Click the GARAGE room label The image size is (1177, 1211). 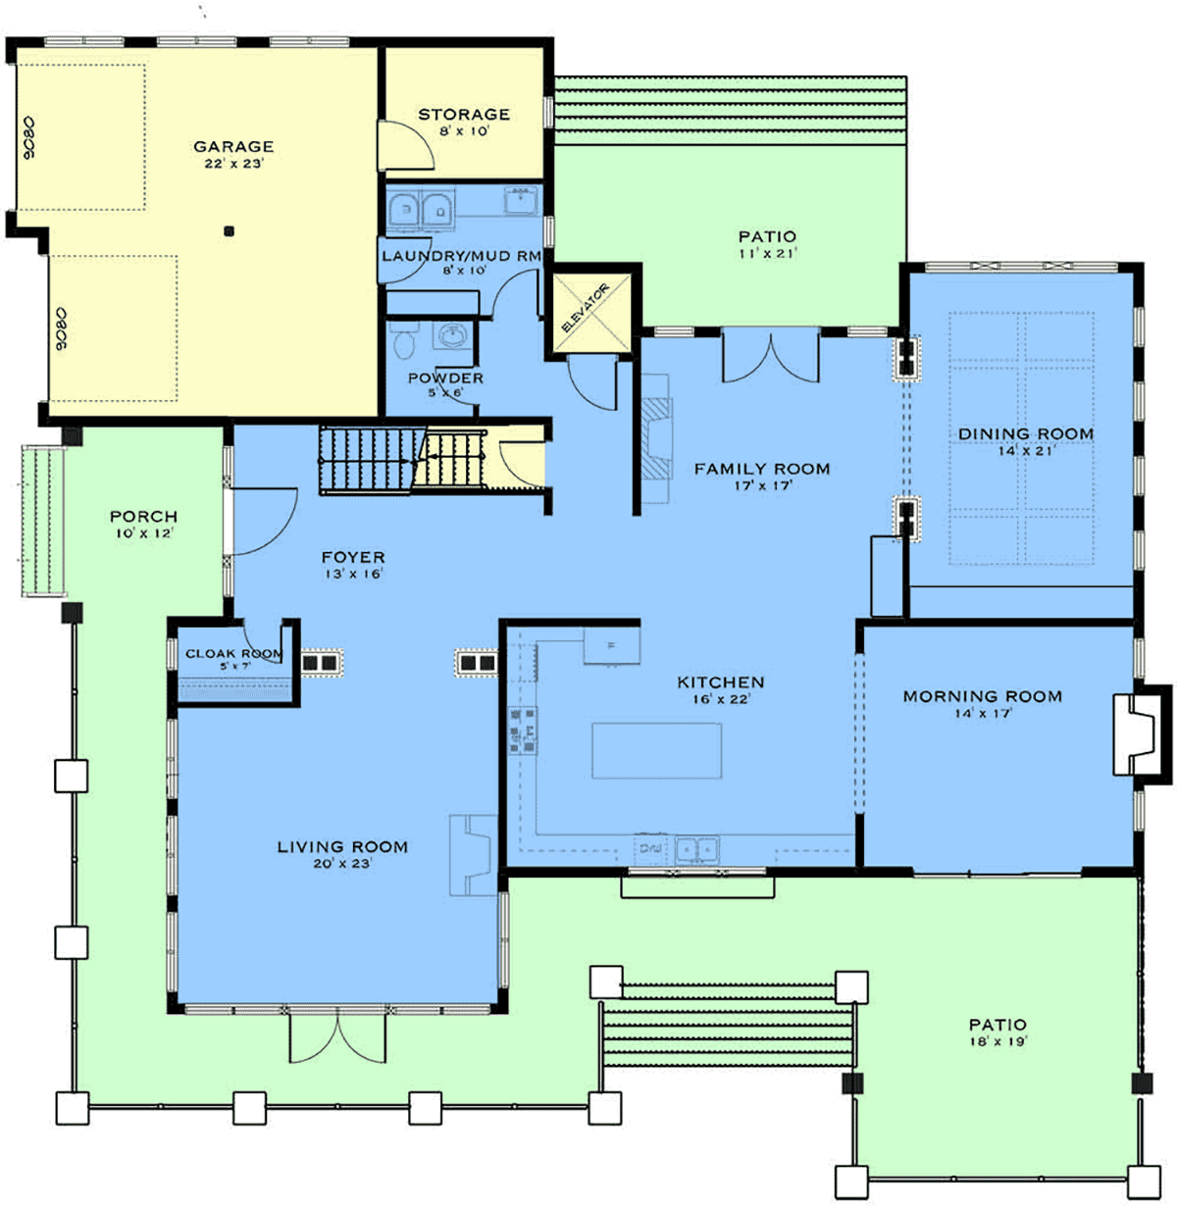(x=233, y=147)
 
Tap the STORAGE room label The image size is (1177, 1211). (x=464, y=115)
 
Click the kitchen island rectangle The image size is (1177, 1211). (x=656, y=750)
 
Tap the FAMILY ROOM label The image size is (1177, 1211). (x=762, y=469)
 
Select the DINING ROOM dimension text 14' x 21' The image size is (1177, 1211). (x=1025, y=451)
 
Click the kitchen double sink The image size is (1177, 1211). (x=697, y=849)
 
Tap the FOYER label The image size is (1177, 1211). (x=353, y=557)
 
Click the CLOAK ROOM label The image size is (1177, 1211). (x=234, y=653)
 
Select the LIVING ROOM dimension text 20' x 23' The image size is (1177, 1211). (x=342, y=863)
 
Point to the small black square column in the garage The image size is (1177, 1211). (x=230, y=231)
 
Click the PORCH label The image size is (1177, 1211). (x=144, y=517)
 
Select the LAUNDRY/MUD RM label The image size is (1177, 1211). (x=462, y=256)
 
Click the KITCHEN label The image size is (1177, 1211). (x=721, y=682)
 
